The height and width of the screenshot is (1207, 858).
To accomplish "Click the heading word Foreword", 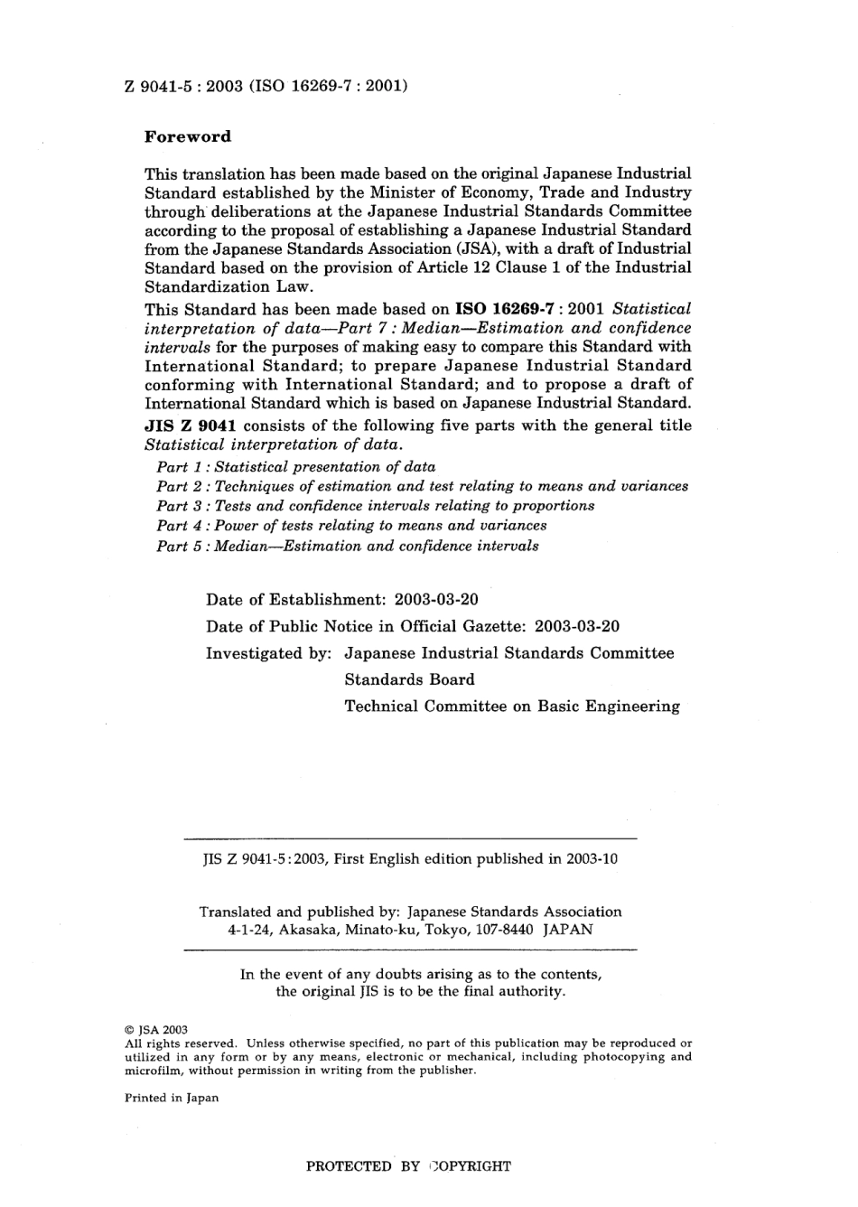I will [x=188, y=137].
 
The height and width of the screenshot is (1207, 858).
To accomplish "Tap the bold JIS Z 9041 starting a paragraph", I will [x=184, y=426].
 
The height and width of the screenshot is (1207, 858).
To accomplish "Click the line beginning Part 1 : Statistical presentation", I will [x=295, y=467].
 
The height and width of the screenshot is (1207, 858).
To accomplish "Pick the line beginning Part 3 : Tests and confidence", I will [x=375, y=506].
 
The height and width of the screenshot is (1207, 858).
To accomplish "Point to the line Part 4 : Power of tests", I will [x=351, y=526].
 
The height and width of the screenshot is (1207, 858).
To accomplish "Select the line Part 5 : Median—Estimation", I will [x=348, y=546].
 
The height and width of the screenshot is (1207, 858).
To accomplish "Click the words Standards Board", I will [x=409, y=679].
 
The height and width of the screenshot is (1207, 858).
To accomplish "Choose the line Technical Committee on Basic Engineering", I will [x=512, y=706].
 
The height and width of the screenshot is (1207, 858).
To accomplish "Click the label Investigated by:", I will [x=269, y=653].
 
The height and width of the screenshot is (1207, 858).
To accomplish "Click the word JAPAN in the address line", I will [x=568, y=930].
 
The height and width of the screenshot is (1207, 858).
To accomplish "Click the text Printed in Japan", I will [x=172, y=1099].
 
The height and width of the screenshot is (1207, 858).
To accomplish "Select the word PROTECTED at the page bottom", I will [x=349, y=1166].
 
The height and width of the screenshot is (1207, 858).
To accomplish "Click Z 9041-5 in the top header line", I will [x=155, y=87].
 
